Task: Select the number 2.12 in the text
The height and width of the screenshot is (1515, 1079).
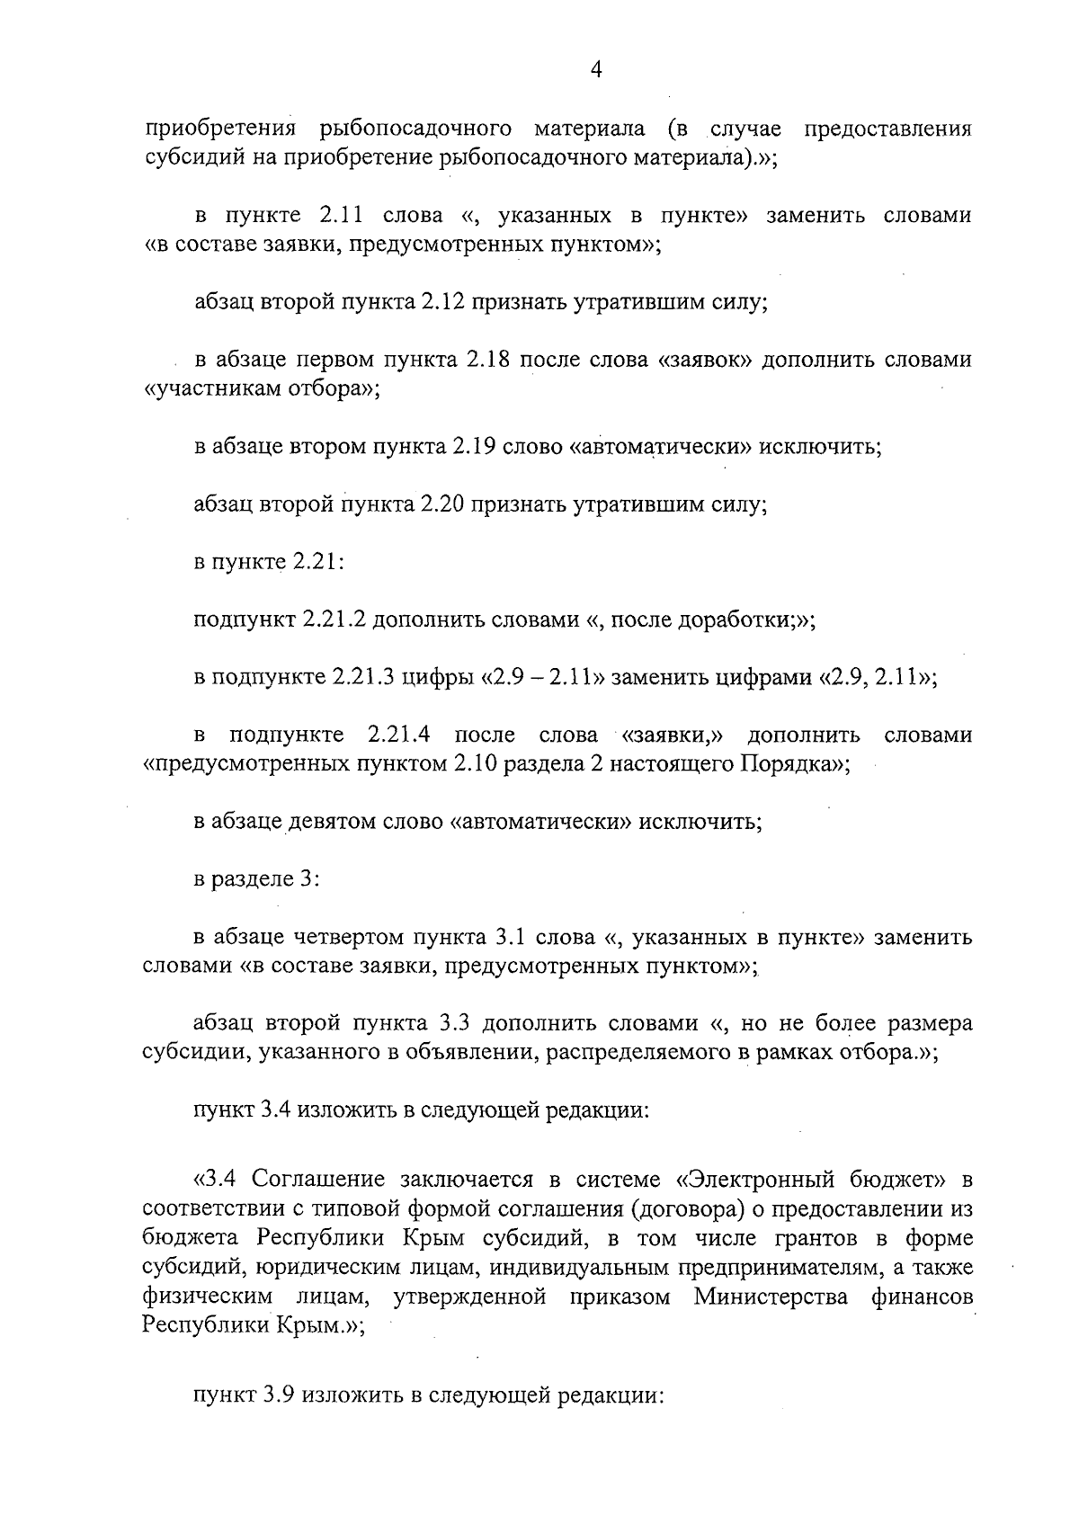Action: pyautogui.click(x=441, y=302)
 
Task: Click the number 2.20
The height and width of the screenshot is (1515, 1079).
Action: pyautogui.click(x=441, y=505)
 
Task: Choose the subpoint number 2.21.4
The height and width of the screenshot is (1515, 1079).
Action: pyautogui.click(x=399, y=735)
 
